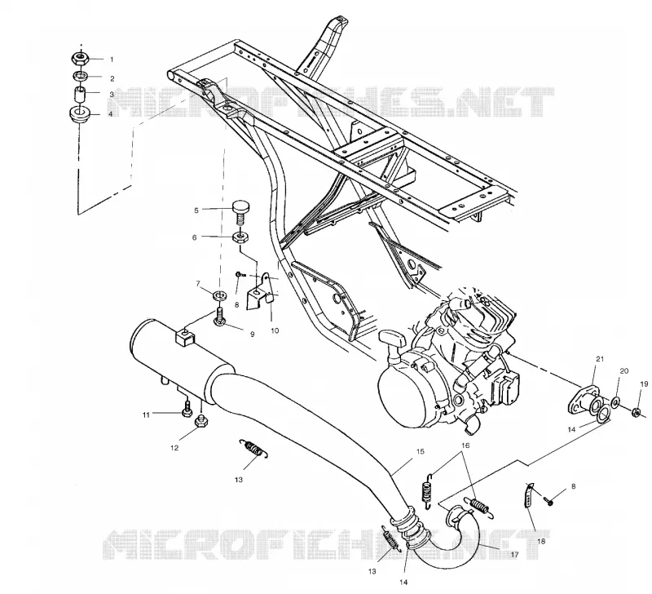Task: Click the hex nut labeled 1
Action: [79, 58]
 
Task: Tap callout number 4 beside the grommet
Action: [111, 113]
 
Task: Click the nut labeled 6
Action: [240, 238]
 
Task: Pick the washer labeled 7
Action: [218, 296]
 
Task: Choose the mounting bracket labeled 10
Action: [260, 291]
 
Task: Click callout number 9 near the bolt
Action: [252, 335]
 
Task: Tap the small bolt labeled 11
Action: [187, 408]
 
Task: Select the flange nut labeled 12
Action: [201, 423]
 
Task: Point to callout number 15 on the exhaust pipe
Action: [420, 452]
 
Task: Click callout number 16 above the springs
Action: [465, 445]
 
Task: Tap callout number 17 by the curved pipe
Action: [514, 555]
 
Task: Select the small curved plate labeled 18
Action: [527, 495]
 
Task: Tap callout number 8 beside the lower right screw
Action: [574, 486]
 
